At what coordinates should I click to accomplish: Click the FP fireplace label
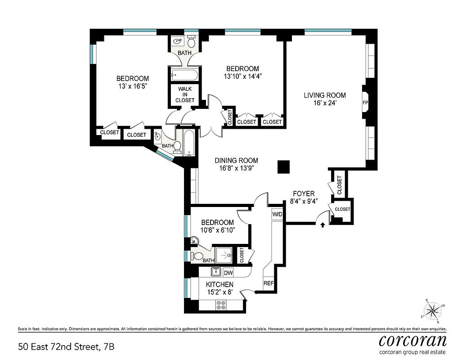(x=365, y=103)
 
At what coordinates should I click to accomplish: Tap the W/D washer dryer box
(x=277, y=214)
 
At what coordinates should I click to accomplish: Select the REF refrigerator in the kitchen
(x=269, y=283)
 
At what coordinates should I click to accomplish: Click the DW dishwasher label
(x=228, y=273)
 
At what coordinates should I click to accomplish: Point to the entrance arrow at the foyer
(x=323, y=225)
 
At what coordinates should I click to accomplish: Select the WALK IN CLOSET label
(x=185, y=94)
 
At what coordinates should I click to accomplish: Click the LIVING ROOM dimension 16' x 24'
(x=324, y=103)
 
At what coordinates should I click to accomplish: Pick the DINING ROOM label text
(x=236, y=160)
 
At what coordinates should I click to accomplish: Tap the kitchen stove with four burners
(x=221, y=305)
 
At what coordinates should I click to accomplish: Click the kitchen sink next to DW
(x=215, y=272)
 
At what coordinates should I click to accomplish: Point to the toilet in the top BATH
(x=192, y=42)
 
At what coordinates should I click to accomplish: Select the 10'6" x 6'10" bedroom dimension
(x=217, y=230)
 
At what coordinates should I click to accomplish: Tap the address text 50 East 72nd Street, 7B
(x=63, y=347)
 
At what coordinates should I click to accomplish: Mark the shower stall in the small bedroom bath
(x=224, y=255)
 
